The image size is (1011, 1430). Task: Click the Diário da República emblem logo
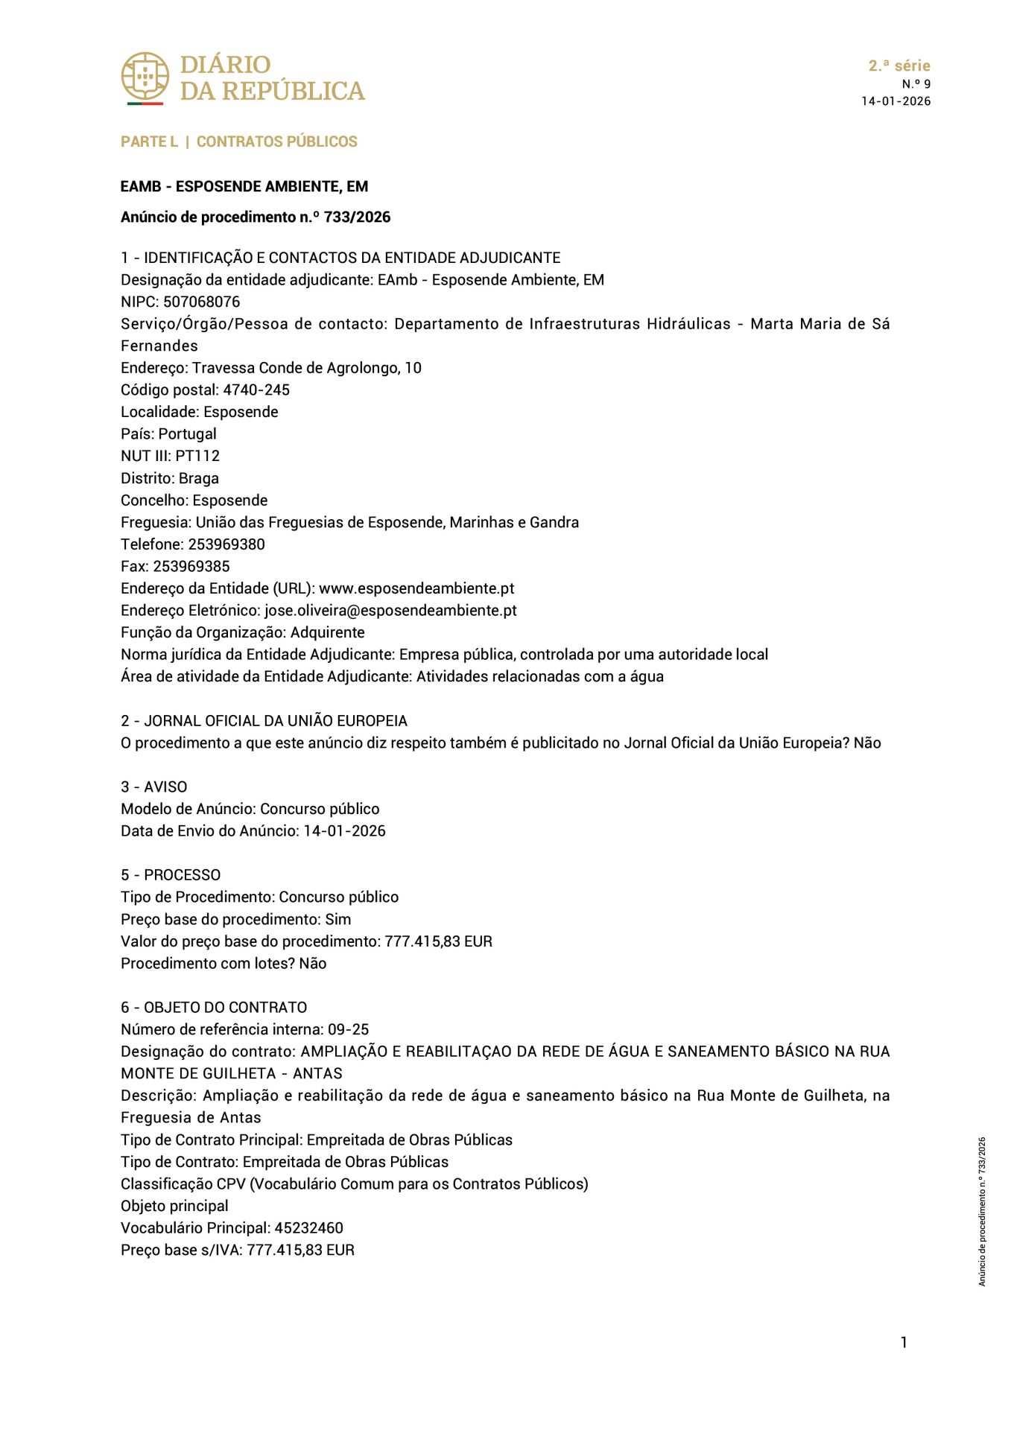(x=145, y=77)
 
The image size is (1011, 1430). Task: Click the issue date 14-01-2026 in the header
(x=896, y=101)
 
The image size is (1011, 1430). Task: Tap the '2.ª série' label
(x=899, y=66)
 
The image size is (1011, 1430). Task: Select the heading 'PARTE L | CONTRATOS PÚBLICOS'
(x=239, y=142)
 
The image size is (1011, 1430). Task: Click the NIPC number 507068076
(x=201, y=302)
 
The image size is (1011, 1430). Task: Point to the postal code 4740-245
(x=256, y=390)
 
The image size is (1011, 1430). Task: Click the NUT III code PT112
(x=197, y=456)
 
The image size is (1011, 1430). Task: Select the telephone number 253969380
(x=226, y=544)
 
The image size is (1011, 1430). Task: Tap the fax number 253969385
(x=191, y=566)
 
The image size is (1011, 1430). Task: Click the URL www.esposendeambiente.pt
(x=416, y=588)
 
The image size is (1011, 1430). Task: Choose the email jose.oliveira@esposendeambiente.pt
(x=390, y=611)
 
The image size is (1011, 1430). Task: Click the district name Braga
(x=199, y=478)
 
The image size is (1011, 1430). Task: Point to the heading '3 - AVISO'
(x=154, y=786)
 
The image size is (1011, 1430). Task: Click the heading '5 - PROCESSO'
(x=171, y=875)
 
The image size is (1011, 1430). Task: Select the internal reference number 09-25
(x=348, y=1029)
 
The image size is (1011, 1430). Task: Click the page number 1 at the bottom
(x=904, y=1342)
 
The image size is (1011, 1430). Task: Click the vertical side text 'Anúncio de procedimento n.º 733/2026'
(x=982, y=1211)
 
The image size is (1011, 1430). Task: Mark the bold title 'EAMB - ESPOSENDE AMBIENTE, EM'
(x=244, y=186)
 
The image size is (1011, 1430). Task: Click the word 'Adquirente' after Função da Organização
(x=328, y=632)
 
